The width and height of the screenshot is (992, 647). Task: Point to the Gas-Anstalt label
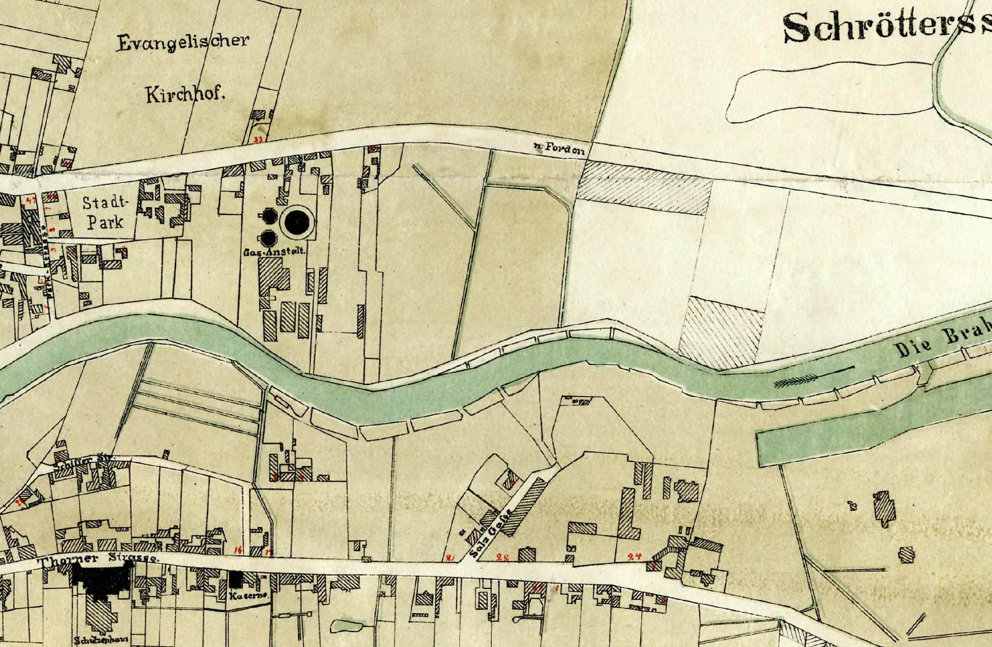275,253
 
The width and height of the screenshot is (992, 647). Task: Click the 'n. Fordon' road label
559,151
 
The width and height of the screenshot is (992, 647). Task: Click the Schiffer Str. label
84,461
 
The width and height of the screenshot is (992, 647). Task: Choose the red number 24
634,556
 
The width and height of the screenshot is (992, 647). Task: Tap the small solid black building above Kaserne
235,579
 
